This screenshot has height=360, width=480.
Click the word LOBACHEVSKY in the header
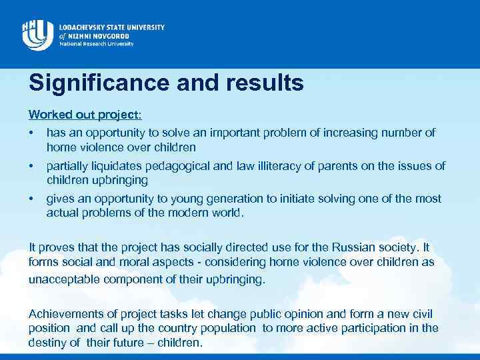click(89, 27)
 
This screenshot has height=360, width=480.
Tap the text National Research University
click(97, 44)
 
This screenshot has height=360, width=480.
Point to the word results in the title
click(261, 83)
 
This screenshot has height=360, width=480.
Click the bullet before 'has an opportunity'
click(31, 133)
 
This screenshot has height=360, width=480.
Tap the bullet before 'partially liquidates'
click(31, 166)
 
